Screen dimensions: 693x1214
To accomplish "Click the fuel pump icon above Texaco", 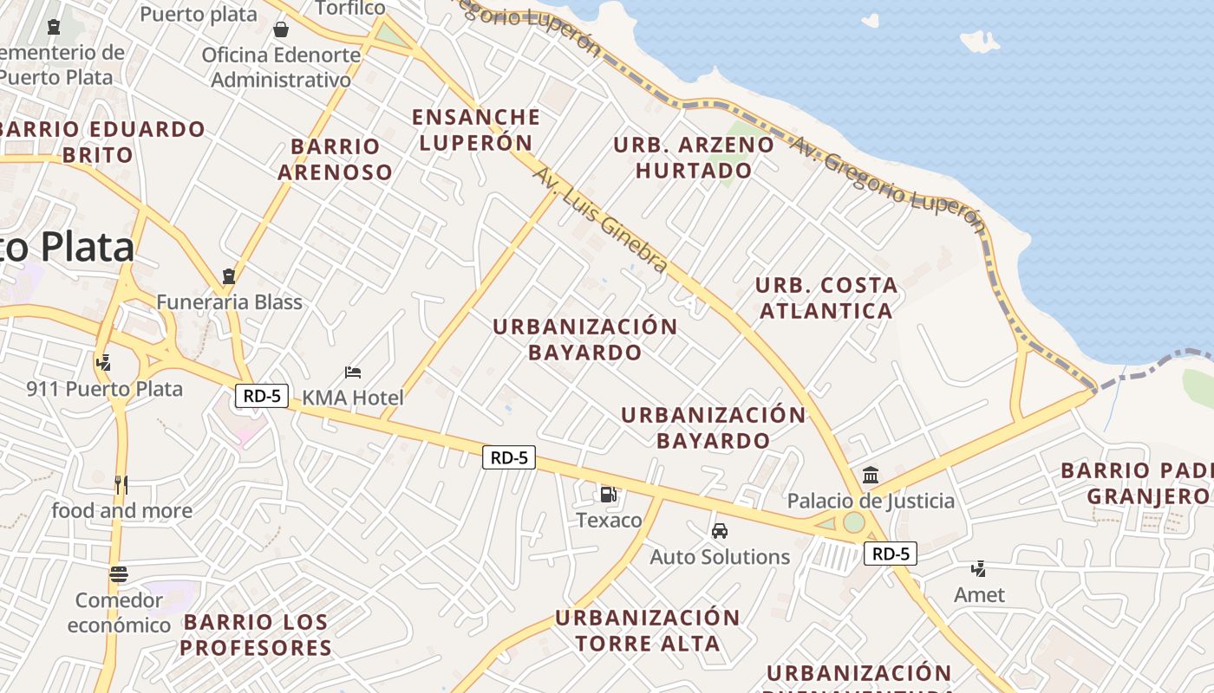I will (608, 495).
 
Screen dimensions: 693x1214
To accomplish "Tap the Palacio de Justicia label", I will (871, 501).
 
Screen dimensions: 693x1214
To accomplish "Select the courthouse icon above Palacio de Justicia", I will (871, 475).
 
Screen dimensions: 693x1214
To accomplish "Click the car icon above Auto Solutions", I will (719, 531).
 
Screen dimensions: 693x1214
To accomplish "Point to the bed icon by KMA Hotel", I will (353, 372).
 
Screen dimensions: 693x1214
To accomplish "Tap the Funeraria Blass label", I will (229, 302).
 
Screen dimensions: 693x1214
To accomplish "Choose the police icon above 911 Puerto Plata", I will (104, 362).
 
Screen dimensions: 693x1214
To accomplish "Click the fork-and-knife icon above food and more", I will (121, 485).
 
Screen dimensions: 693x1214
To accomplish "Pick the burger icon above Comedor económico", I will (119, 573).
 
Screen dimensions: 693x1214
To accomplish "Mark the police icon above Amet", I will (979, 569).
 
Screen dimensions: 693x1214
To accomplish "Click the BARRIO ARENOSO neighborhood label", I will (335, 159).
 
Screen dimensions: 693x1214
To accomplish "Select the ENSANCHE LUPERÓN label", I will (475, 129).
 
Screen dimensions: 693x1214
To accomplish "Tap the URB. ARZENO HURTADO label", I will (693, 157).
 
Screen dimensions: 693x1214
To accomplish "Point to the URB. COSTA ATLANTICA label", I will (826, 297).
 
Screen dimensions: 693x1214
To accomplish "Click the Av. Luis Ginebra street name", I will (600, 220).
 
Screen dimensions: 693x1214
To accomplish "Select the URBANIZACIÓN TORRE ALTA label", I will (647, 630).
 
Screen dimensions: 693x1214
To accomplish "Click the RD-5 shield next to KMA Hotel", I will (261, 396).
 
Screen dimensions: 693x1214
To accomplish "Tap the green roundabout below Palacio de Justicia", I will (854, 522).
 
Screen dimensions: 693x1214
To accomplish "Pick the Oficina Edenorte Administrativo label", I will (281, 67).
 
